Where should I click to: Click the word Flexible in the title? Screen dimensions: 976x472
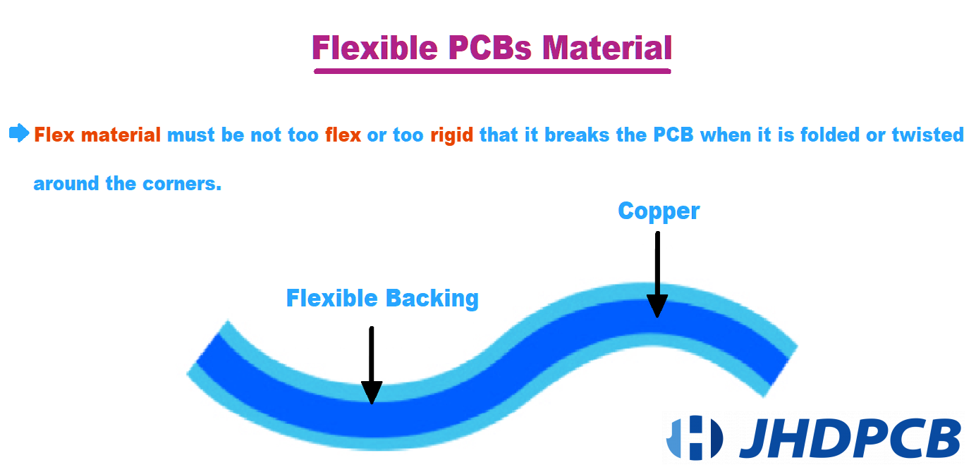[374, 47]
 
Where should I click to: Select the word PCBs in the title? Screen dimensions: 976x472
[489, 47]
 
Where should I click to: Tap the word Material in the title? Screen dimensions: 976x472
[607, 47]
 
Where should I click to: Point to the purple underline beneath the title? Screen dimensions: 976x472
[492, 71]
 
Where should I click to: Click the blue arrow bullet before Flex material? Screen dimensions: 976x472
[19, 133]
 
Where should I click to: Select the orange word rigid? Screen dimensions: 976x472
[452, 135]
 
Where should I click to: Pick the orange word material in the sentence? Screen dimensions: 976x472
[121, 135]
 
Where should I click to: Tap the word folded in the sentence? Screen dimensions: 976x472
[830, 135]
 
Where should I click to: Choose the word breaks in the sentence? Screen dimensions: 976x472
[577, 135]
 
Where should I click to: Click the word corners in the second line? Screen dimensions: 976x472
[182, 184]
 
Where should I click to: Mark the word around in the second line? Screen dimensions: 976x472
[67, 183]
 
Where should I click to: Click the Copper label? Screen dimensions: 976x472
[659, 212]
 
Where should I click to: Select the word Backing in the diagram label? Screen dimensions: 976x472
[432, 299]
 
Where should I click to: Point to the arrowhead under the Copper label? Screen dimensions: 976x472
[657, 306]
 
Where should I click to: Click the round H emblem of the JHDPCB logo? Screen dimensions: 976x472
[695, 437]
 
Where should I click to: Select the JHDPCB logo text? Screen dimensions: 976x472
[850, 437]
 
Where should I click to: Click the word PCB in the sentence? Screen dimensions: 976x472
[673, 135]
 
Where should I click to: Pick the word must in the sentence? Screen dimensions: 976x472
[191, 135]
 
